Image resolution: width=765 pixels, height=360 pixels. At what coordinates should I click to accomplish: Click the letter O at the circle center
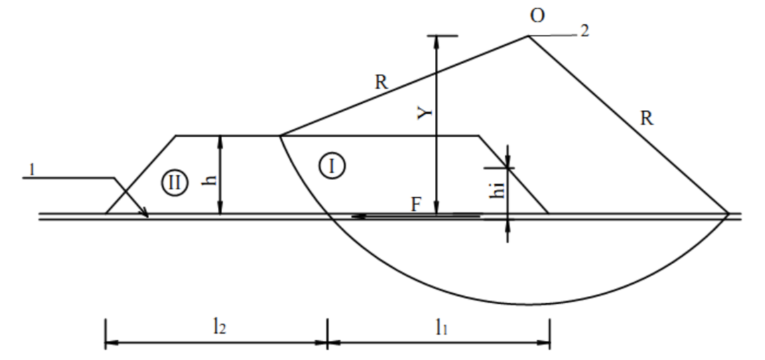[x=537, y=15]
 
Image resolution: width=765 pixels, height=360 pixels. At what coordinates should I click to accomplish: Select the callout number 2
[x=585, y=31]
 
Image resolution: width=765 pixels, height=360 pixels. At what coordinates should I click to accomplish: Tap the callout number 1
[x=32, y=170]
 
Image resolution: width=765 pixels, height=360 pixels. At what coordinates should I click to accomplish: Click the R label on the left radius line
[x=381, y=82]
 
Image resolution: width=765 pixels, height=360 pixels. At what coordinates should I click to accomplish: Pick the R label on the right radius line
[x=646, y=118]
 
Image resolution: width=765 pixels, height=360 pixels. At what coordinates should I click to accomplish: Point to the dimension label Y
[x=426, y=113]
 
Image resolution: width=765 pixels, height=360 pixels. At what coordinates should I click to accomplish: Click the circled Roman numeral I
[x=332, y=166]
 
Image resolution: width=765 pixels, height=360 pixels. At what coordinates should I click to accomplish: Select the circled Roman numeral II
[x=174, y=183]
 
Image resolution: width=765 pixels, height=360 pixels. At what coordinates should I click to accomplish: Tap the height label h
[x=211, y=180]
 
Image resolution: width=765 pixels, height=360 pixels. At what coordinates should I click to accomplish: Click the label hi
[x=498, y=188]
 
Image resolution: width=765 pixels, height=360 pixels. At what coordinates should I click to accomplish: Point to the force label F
[x=415, y=204]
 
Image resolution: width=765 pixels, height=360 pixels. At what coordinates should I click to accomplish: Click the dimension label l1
[x=441, y=328]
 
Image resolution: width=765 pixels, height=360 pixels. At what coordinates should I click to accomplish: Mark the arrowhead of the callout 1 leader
[x=145, y=213]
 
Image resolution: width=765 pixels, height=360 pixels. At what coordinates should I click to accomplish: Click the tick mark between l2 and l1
[x=327, y=333]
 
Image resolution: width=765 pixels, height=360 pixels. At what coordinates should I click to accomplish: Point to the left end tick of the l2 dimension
[x=105, y=333]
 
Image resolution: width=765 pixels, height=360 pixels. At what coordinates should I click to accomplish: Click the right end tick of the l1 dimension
[x=550, y=333]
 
